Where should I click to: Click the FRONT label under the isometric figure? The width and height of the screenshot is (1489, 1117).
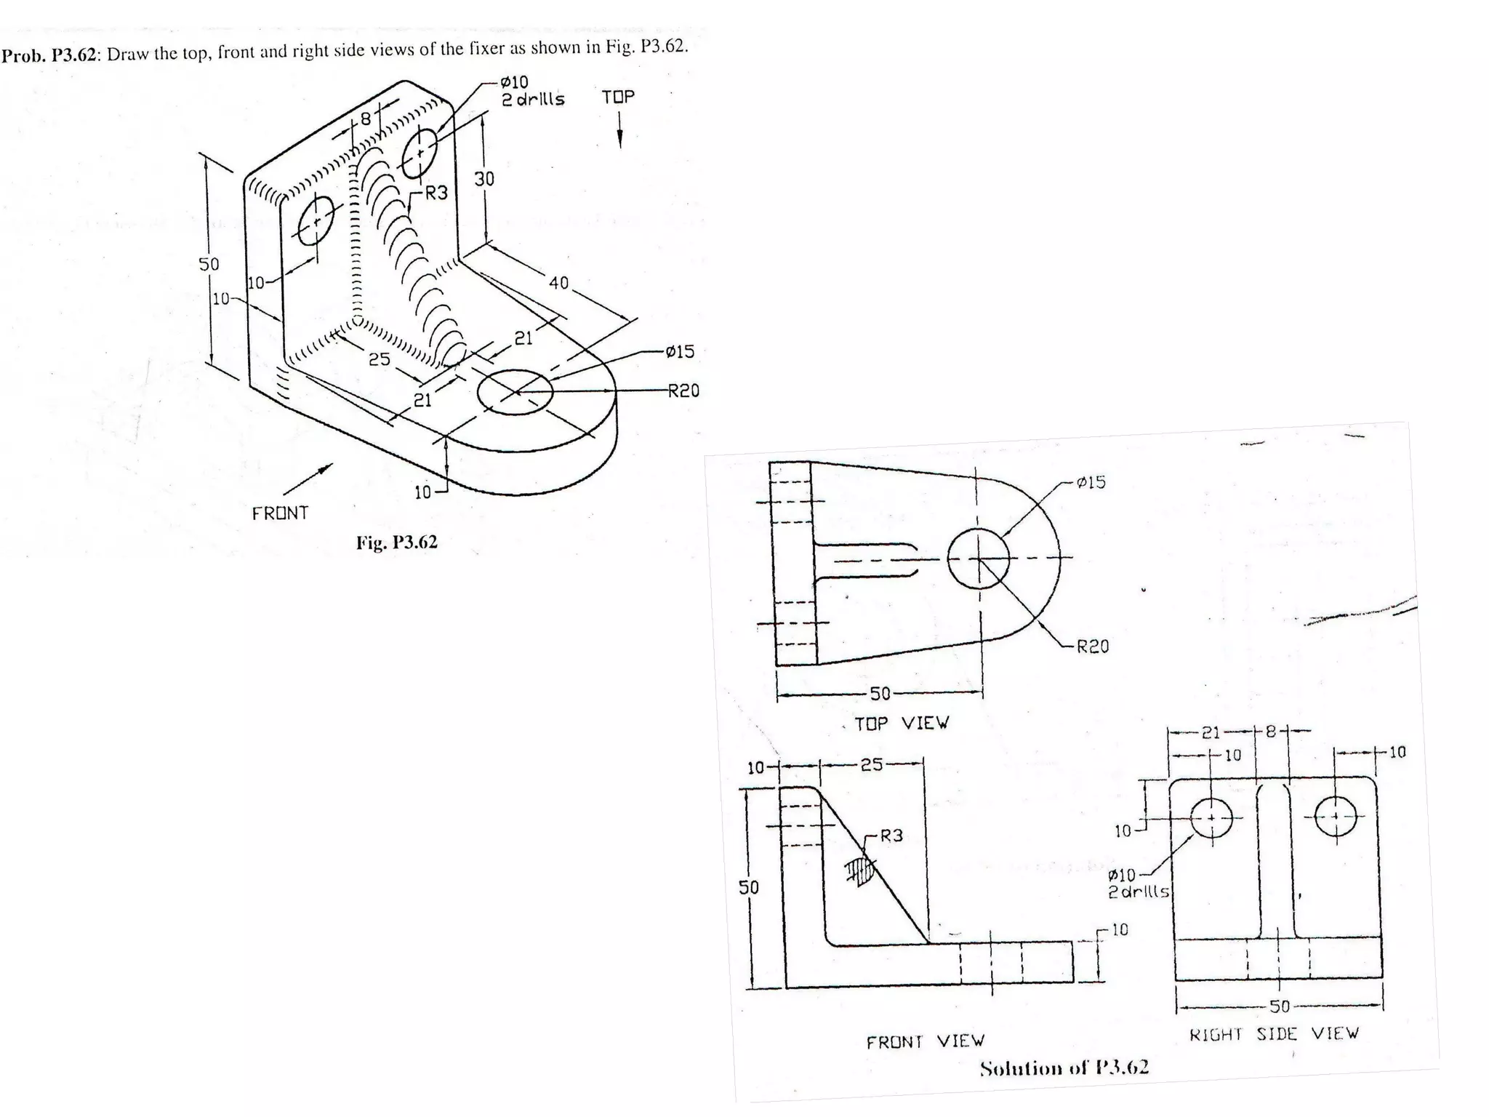tap(280, 513)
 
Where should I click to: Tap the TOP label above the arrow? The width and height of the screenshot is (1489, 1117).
tap(618, 97)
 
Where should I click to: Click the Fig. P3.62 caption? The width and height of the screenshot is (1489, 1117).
tap(396, 543)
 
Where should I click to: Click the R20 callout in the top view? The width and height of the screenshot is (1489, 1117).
tap(1092, 646)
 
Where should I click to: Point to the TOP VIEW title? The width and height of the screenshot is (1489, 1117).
tap(901, 723)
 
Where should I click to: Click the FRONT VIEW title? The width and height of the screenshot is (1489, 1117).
tap(926, 1042)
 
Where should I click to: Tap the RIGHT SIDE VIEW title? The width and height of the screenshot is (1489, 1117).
tap(1274, 1033)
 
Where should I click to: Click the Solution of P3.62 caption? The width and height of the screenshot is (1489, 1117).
tap(1064, 1068)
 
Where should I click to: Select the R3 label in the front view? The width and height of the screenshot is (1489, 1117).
tap(891, 836)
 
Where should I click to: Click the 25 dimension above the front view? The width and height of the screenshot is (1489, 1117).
tap(871, 765)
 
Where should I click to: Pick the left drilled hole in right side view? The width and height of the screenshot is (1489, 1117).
tap(1211, 818)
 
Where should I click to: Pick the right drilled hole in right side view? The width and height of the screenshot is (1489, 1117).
tap(1336, 817)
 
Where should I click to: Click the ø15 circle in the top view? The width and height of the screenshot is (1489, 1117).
tap(979, 558)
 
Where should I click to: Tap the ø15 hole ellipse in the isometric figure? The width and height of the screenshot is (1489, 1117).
tap(515, 392)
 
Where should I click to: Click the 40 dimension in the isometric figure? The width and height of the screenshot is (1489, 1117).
tap(558, 283)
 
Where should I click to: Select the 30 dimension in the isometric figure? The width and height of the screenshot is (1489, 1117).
tap(484, 179)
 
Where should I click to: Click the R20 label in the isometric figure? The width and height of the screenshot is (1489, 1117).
tap(683, 391)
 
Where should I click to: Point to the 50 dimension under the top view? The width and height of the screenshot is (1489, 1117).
tap(880, 694)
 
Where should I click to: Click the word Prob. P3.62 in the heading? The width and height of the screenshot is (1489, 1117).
tap(49, 55)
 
